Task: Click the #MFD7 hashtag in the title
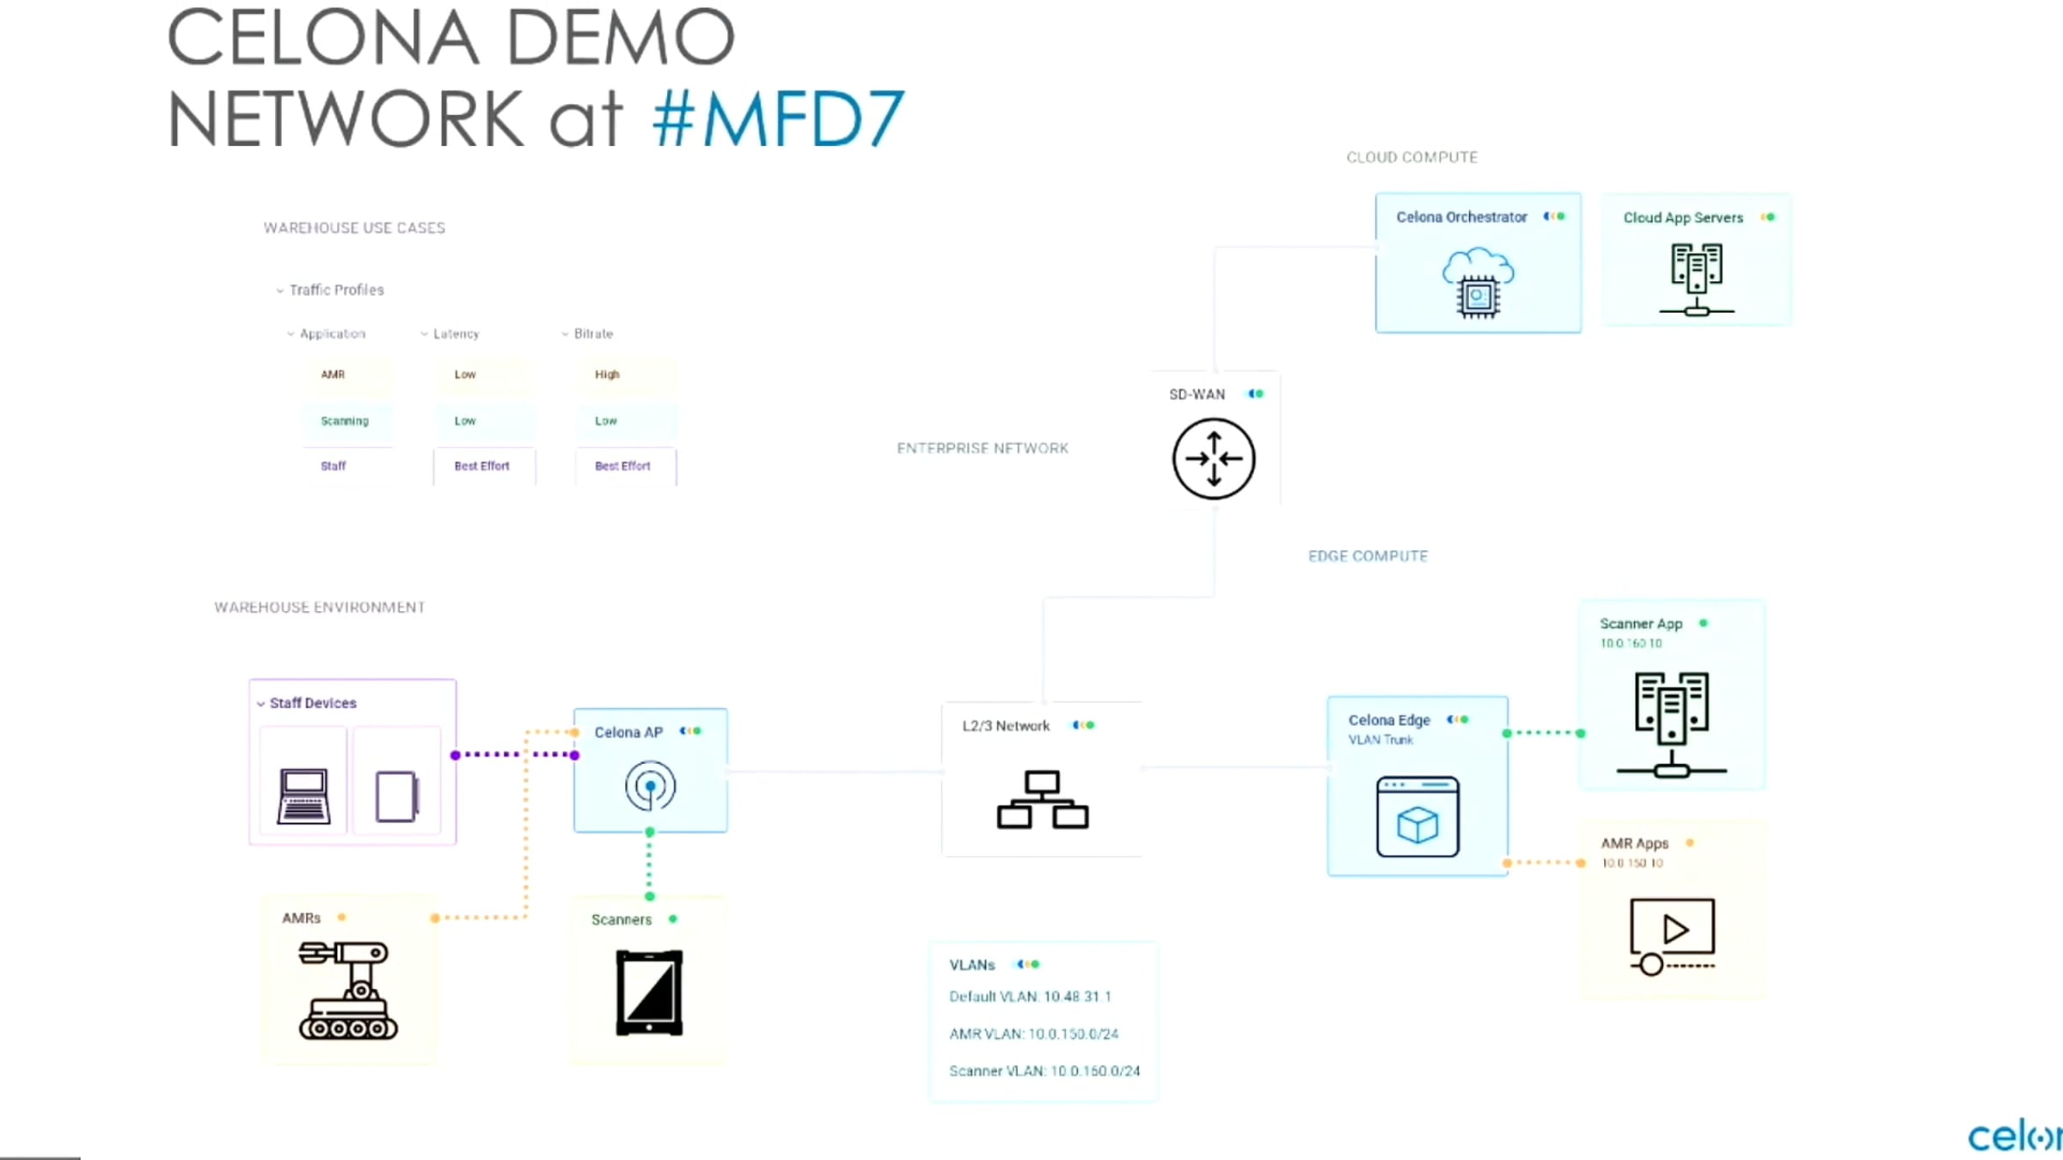click(778, 119)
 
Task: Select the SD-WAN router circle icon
click(1214, 459)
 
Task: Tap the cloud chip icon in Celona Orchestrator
click(1478, 283)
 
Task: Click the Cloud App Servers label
click(1682, 218)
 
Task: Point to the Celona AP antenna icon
click(650, 786)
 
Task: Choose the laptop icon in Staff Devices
click(303, 797)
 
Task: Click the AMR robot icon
click(347, 989)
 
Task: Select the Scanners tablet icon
click(649, 992)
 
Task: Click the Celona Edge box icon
click(1417, 816)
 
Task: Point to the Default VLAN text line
click(1030, 997)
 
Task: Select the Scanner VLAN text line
click(1044, 1071)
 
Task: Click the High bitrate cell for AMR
click(607, 375)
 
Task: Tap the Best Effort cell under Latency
click(482, 467)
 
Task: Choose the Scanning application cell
click(345, 421)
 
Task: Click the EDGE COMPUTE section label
click(1368, 557)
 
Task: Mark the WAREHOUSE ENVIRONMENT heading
click(320, 607)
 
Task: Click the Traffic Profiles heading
click(336, 290)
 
